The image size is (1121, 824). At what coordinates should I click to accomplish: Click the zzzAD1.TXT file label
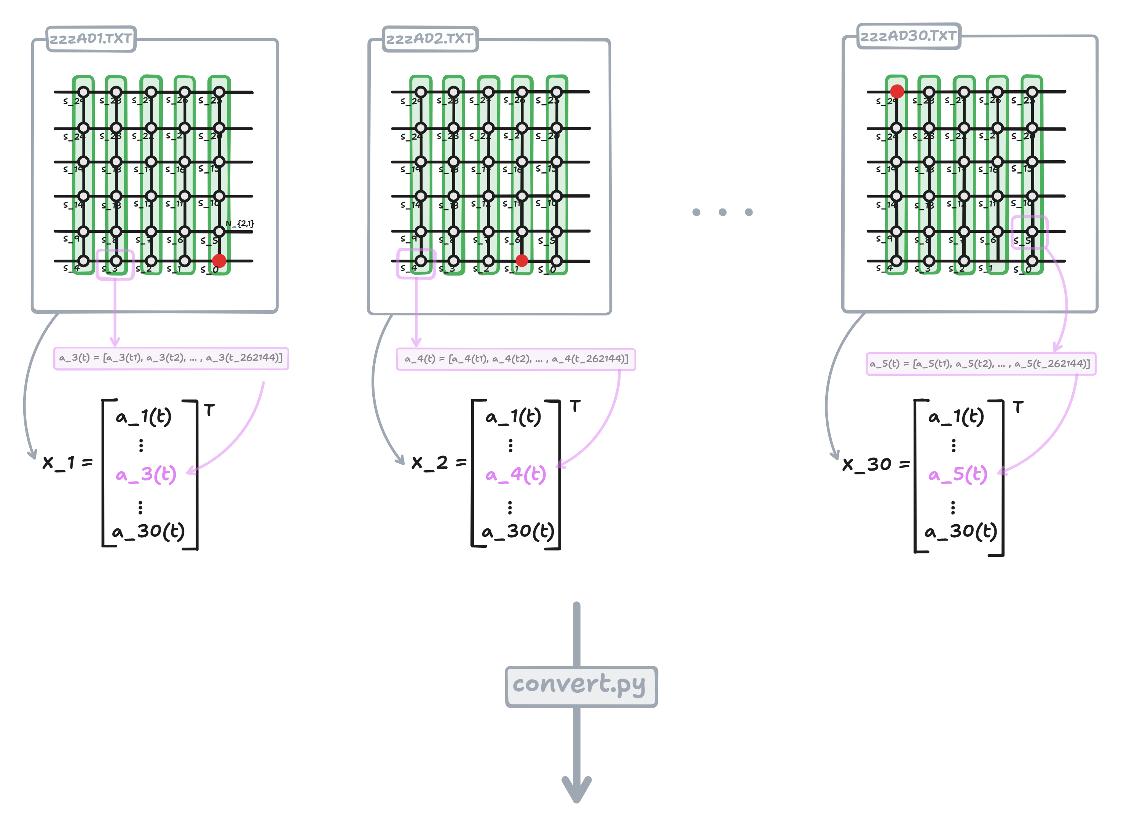coord(91,39)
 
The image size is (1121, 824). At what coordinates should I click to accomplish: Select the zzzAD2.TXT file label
coord(430,39)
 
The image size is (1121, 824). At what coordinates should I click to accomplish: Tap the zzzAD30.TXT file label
coord(908,36)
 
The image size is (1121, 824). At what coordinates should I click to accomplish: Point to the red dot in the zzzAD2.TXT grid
coord(521,260)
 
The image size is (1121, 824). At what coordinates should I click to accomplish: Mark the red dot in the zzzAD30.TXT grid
coord(897,91)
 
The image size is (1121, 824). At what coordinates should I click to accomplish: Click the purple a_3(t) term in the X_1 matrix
coord(146,474)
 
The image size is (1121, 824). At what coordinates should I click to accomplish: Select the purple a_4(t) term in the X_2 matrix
coord(515,474)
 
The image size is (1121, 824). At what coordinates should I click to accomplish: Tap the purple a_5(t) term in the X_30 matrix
coord(958,474)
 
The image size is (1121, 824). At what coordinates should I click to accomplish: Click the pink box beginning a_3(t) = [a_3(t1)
coord(171,358)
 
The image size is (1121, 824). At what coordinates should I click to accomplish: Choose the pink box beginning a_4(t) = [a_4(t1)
coord(515,359)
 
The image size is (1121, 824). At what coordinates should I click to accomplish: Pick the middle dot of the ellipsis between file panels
coord(722,212)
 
